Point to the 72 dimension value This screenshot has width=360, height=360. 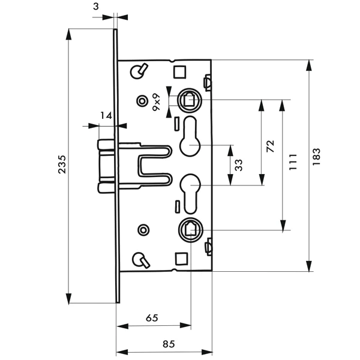(270, 146)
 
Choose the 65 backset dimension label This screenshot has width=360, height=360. (152, 318)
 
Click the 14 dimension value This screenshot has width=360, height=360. (106, 116)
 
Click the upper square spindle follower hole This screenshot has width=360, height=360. (189, 99)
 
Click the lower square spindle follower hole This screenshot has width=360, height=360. (190, 229)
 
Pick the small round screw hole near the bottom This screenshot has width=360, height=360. (143, 230)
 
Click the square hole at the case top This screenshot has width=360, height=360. (180, 72)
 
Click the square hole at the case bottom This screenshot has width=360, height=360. (180, 259)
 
